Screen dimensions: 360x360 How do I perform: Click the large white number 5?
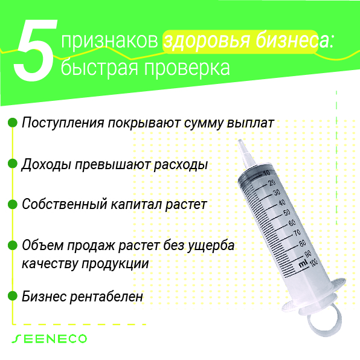tap(35, 50)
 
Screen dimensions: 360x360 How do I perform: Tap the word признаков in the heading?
tap(109, 41)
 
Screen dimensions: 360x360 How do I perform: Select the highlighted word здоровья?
tap(207, 41)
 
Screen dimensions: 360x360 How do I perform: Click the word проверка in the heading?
tap(187, 67)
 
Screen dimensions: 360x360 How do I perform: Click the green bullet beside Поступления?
tap(13, 123)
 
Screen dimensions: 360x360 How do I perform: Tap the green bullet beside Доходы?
tap(13, 164)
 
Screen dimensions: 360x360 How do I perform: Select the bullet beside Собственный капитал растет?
tap(13, 204)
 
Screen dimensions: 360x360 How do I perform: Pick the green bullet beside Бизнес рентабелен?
tap(13, 296)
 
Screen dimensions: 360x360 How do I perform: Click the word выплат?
tap(250, 123)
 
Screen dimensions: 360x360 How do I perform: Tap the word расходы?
tap(181, 165)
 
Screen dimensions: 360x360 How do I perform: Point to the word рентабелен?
tap(106, 297)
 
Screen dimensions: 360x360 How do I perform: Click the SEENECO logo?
tap(49, 339)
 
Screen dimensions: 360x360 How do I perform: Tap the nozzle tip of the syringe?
tap(240, 141)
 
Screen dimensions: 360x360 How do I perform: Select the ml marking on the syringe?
tap(303, 263)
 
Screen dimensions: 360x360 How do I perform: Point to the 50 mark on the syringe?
tap(287, 213)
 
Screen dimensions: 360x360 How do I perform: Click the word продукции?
tap(115, 264)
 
